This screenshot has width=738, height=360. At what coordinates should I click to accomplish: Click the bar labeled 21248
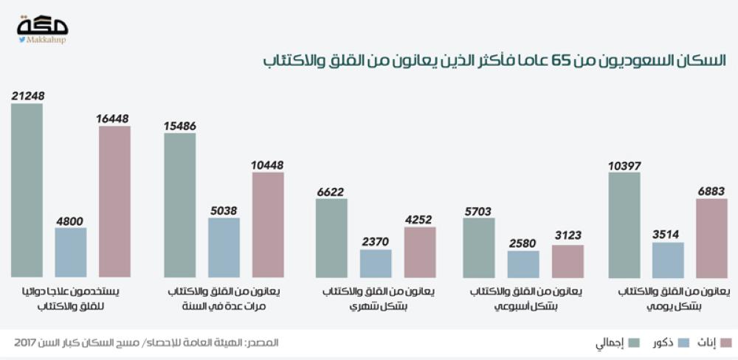(27, 190)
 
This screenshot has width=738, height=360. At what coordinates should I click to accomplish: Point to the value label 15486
(179, 126)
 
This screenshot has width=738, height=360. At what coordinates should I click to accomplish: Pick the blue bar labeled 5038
(224, 247)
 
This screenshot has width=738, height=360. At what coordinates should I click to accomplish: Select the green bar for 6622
(331, 238)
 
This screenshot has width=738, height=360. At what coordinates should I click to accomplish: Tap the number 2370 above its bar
(376, 240)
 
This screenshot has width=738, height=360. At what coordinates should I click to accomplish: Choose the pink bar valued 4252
(420, 252)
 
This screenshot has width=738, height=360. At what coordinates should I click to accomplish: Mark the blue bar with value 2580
(523, 263)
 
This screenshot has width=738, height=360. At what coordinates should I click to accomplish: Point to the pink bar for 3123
(567, 260)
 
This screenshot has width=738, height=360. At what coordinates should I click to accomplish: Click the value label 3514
(668, 234)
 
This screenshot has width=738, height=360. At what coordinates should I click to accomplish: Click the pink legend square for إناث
(725, 342)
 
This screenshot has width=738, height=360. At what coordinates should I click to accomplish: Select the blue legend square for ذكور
(683, 342)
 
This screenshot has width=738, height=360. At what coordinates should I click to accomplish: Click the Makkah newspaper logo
(42, 28)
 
